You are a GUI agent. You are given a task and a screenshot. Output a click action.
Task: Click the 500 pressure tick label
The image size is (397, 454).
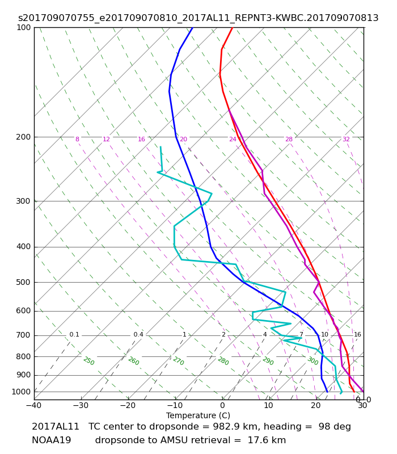(23, 282)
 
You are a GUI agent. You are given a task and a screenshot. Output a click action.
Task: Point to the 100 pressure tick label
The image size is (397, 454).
(23, 27)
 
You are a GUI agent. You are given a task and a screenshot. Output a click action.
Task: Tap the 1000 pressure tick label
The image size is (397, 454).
(21, 392)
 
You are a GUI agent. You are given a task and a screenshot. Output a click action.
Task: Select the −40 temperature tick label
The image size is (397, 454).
(34, 405)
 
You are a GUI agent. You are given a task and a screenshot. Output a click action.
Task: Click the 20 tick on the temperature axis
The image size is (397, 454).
(316, 405)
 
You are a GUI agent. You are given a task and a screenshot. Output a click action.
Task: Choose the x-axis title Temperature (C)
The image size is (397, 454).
(198, 415)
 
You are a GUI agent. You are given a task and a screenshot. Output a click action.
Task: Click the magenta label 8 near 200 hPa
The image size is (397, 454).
(77, 139)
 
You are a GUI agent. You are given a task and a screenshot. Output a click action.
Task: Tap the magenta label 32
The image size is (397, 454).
(346, 139)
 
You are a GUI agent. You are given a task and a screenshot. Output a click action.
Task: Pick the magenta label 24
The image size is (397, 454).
(233, 139)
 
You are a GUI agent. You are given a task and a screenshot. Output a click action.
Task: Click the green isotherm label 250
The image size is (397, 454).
(89, 361)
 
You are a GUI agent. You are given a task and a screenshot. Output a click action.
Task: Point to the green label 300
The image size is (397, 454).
(313, 361)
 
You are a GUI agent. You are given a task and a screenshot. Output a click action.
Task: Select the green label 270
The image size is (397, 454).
(179, 361)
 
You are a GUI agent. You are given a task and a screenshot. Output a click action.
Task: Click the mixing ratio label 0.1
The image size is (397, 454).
(74, 334)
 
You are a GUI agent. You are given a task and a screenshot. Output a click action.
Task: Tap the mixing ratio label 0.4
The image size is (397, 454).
(138, 334)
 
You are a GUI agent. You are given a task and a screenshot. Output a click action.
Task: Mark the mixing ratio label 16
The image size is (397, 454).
(357, 334)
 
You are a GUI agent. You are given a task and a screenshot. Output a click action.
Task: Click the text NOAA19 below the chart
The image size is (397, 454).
(51, 440)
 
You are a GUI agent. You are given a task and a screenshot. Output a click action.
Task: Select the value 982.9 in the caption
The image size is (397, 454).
(223, 427)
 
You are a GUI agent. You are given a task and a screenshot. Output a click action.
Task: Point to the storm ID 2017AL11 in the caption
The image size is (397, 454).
(55, 427)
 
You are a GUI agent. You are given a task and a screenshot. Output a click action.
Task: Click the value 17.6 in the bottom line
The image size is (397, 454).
(255, 440)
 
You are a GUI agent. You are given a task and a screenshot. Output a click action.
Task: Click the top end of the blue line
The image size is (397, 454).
(193, 27)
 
